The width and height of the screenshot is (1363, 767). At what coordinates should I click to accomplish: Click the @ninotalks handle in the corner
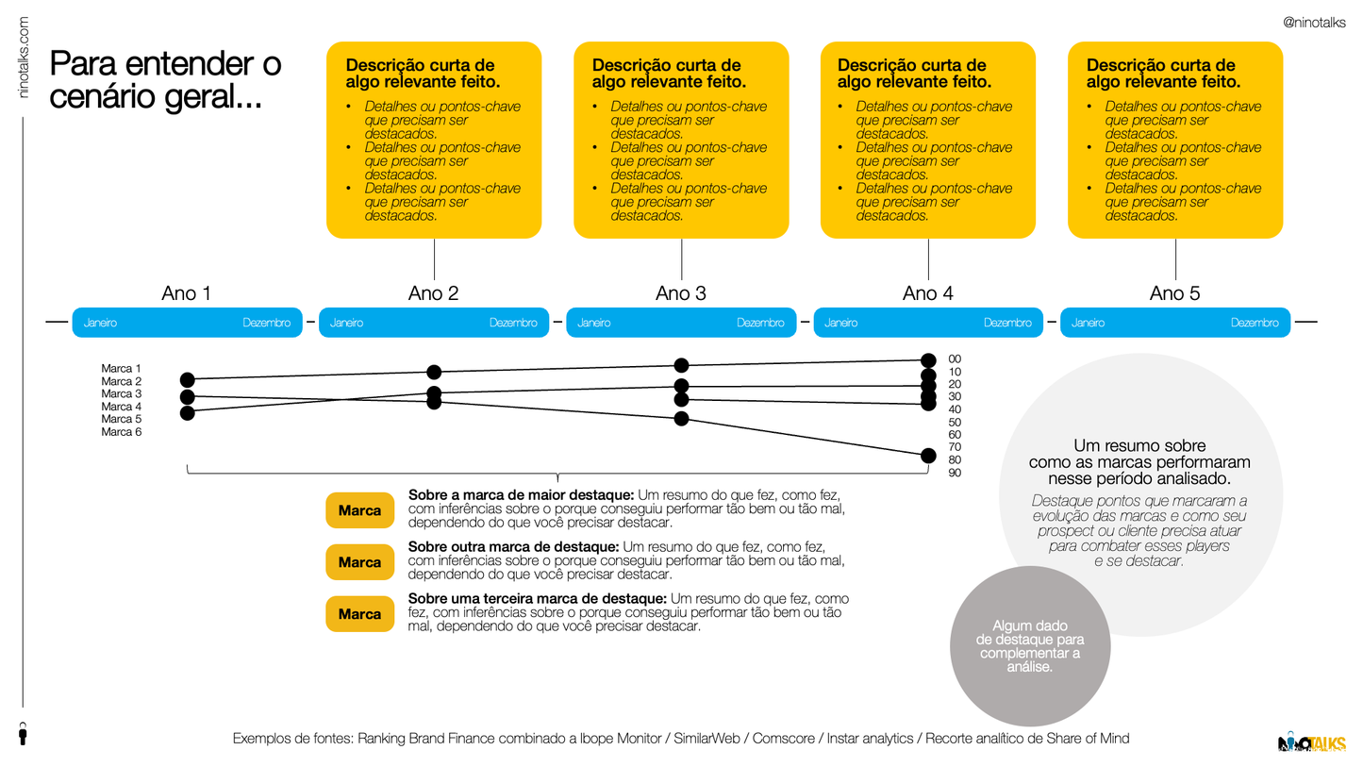pos(1314,24)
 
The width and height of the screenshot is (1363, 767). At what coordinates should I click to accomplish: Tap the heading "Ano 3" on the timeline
pos(681,293)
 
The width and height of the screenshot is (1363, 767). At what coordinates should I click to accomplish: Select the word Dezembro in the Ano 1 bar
pos(267,323)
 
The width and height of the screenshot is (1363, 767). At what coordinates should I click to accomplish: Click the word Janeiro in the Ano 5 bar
pos(1088,323)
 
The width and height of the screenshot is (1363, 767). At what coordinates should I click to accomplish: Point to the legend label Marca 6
pos(121,432)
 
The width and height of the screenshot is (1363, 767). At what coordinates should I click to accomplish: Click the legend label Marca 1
pos(121,368)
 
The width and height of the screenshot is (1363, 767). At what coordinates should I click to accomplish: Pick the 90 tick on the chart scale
pos(955,473)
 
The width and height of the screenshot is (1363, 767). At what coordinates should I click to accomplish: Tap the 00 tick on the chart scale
pos(955,359)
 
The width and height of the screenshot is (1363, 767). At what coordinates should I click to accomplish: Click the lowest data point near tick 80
pos(928,456)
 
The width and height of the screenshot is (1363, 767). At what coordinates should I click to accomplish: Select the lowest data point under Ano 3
pos(681,419)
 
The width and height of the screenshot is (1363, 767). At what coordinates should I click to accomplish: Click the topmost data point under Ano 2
pos(434,372)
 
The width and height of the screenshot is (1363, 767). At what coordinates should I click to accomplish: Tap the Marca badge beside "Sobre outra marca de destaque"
pos(359,562)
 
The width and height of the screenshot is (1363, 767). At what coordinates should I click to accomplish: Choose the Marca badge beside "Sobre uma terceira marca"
pos(359,613)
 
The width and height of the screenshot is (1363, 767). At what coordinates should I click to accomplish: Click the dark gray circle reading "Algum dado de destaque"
pos(1029,646)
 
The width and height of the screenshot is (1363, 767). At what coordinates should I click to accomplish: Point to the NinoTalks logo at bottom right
pos(1311,742)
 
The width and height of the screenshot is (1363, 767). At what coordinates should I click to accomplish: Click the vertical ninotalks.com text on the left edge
pos(24,58)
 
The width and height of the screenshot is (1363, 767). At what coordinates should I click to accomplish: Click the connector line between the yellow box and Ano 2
pos(435,259)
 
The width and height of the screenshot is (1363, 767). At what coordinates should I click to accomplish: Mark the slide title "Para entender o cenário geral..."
pos(165,80)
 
